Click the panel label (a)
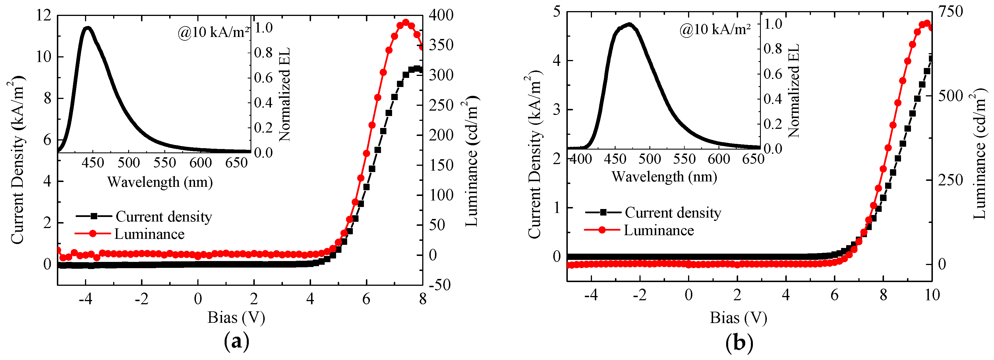pyautogui.click(x=237, y=342)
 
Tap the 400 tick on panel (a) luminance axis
pyautogui.click(x=441, y=15)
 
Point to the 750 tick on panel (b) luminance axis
pyautogui.click(x=950, y=12)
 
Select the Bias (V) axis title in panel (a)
pyautogui.click(x=236, y=318)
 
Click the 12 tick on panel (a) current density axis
pyautogui.click(x=43, y=15)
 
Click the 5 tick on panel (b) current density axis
pyautogui.click(x=556, y=12)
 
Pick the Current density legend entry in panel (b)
pyautogui.click(x=673, y=213)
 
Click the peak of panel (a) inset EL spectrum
pyautogui.click(x=88, y=28)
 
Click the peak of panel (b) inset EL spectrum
pyautogui.click(x=629, y=25)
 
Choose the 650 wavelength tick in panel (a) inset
pyautogui.click(x=236, y=163)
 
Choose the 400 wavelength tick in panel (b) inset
pyautogui.click(x=581, y=159)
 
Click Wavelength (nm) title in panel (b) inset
pyautogui.click(x=664, y=177)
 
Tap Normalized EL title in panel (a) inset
pyautogui.click(x=284, y=94)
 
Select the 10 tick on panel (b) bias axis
pyautogui.click(x=932, y=295)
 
